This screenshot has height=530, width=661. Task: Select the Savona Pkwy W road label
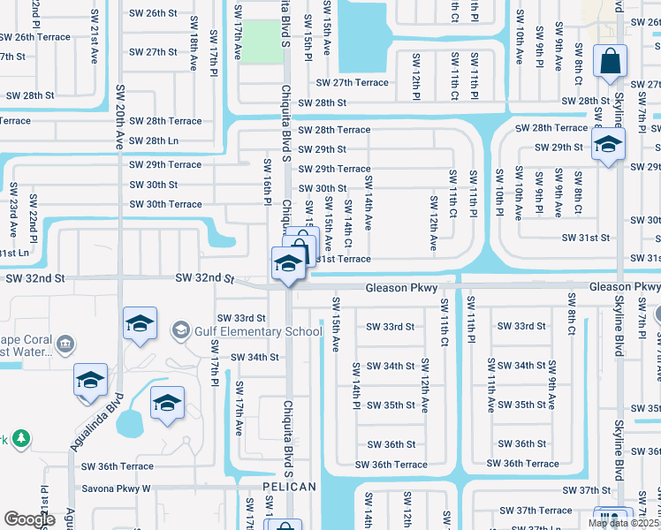click(x=116, y=488)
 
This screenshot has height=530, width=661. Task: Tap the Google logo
click(x=29, y=519)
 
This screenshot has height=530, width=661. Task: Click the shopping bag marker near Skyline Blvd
click(x=610, y=62)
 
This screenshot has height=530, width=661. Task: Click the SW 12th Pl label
click(x=414, y=76)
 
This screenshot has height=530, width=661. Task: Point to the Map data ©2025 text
click(x=623, y=523)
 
